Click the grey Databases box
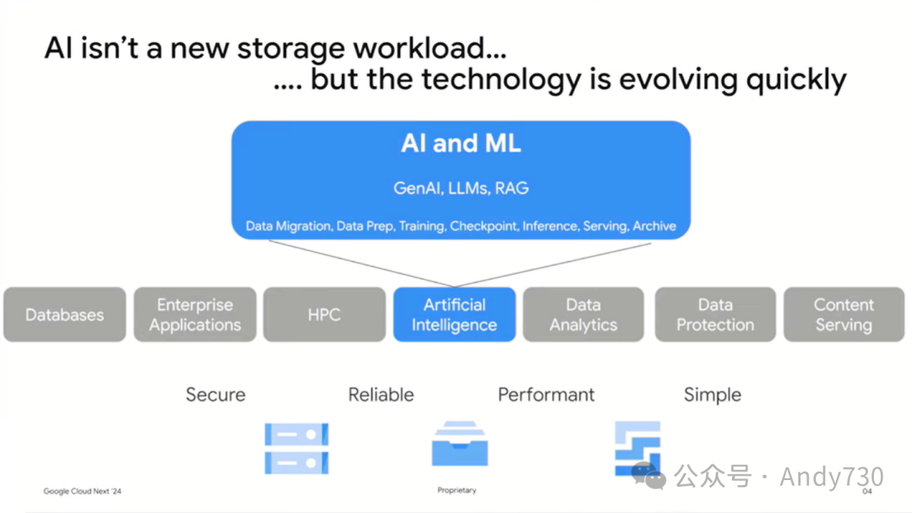(64, 314)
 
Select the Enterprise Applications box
(195, 314)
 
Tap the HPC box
(324, 314)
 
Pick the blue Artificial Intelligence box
(454, 314)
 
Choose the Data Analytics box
(584, 314)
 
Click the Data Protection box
(714, 314)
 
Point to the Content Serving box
(844, 314)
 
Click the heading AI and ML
(461, 144)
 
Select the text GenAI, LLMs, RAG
(461, 188)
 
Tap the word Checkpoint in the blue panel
(484, 226)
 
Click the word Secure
(215, 395)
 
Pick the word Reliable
(381, 395)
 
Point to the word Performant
(546, 395)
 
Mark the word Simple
(712, 395)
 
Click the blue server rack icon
(296, 448)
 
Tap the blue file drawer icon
(459, 445)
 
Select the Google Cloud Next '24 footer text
(83, 491)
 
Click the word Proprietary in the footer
(457, 490)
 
